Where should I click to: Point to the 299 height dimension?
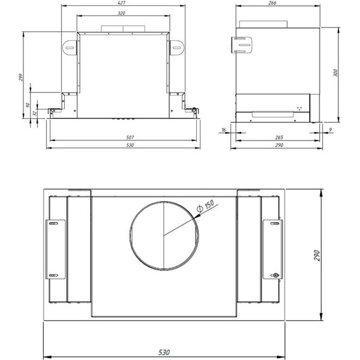pos(20,79)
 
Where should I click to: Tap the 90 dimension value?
pos(28,105)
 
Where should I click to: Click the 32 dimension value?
pos(35,113)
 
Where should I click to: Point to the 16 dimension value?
pos(223,129)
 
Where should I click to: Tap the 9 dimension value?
pos(331,129)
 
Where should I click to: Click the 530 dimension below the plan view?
pos(164,351)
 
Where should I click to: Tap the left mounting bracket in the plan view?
pos(55,249)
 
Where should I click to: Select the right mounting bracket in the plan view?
pos(272,249)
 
